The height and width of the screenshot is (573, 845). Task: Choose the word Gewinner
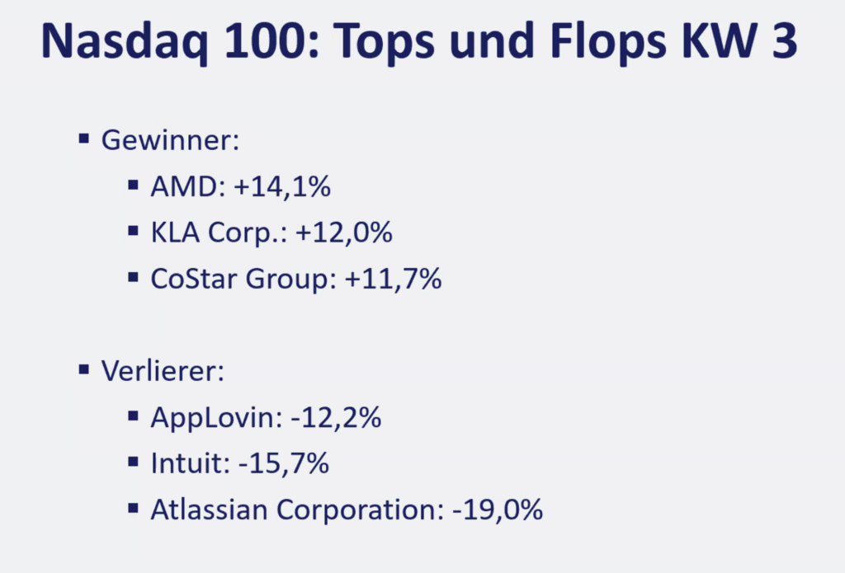(x=168, y=139)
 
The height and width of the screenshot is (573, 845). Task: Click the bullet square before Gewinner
(x=83, y=138)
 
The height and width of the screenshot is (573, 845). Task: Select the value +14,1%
(x=282, y=186)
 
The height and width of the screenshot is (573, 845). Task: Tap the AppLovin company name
(x=216, y=419)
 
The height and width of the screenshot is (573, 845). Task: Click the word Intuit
(x=187, y=464)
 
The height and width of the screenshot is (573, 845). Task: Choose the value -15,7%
(x=283, y=464)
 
